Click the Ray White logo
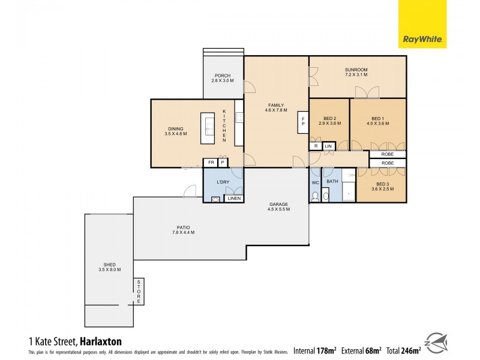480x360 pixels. pyautogui.click(x=422, y=25)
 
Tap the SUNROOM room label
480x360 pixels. pyautogui.click(x=356, y=70)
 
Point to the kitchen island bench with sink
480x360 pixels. pyautogui.click(x=208, y=125)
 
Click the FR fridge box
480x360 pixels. pyautogui.click(x=210, y=163)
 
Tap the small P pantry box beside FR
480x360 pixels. pyautogui.click(x=223, y=163)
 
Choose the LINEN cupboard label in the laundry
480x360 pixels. pyautogui.click(x=234, y=199)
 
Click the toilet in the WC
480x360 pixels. pyautogui.click(x=314, y=196)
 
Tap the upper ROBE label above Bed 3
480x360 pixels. pyautogui.click(x=388, y=154)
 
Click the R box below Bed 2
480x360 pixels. pyautogui.click(x=316, y=146)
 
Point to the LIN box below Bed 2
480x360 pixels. pyautogui.click(x=328, y=146)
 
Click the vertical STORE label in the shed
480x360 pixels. pyautogui.click(x=139, y=291)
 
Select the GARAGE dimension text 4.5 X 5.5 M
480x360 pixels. pyautogui.click(x=279, y=209)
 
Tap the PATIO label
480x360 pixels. pyautogui.click(x=183, y=227)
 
